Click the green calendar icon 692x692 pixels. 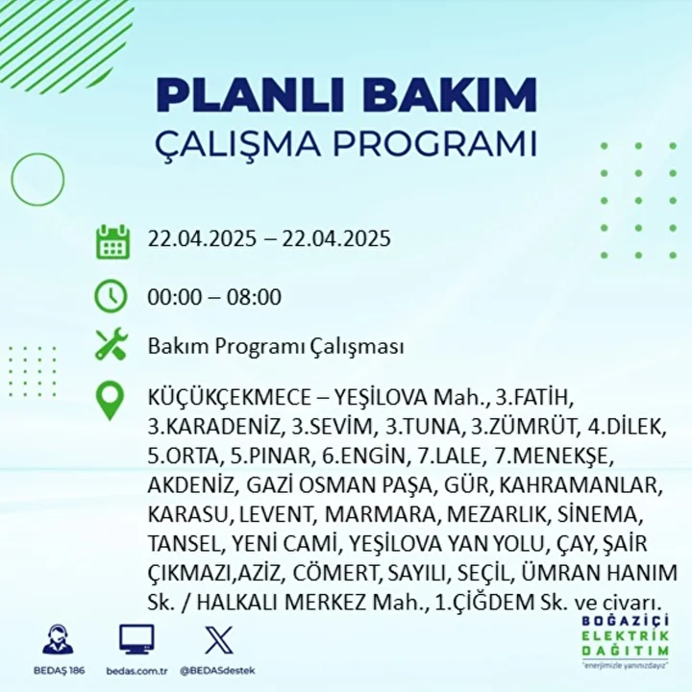113,242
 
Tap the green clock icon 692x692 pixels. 111,296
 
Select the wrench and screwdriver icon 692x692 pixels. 111,344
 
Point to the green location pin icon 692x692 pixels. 110,401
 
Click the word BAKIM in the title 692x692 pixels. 450,95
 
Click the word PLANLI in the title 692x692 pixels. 250,95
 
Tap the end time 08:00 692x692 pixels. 254,297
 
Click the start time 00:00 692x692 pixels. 175,297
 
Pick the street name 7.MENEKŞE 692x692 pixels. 555,456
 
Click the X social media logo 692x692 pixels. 219,639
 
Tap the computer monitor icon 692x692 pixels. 136,639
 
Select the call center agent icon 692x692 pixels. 59,638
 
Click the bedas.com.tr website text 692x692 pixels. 136,671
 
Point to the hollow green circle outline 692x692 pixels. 12,180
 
